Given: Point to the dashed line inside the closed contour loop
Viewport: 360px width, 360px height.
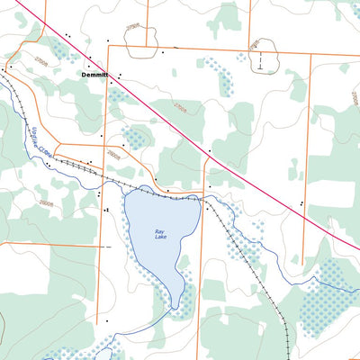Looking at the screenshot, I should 259,61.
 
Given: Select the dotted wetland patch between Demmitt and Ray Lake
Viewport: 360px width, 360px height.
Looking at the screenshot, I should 135,138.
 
